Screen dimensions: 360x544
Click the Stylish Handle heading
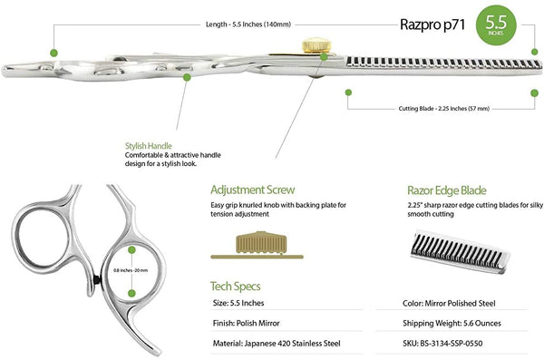pyautogui.click(x=149, y=145)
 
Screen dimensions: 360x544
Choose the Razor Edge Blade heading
pyautogui.click(x=447, y=190)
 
